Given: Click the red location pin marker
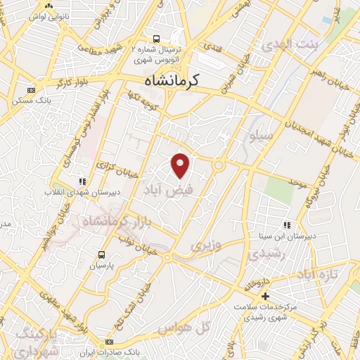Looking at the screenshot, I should pyautogui.click(x=181, y=165).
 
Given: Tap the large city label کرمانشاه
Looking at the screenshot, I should pyautogui.click(x=164, y=81).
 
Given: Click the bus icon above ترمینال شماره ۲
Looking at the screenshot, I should pyautogui.click(x=156, y=39).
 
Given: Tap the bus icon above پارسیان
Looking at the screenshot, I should pyautogui.click(x=101, y=255).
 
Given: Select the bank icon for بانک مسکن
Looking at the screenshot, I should pyautogui.click(x=30, y=90).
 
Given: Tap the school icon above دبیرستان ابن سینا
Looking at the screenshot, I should pyautogui.click(x=286, y=225).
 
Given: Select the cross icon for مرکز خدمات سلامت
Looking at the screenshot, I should pyautogui.click(x=265, y=297).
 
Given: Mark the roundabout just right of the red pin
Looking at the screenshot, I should pyautogui.click(x=220, y=166).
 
